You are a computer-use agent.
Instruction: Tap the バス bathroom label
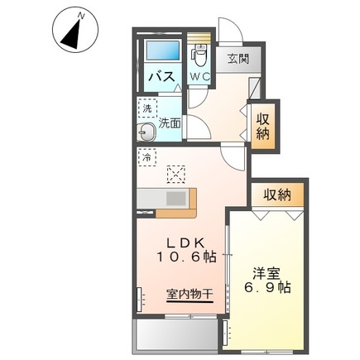pos(159,77)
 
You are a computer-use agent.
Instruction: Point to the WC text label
pos(199,76)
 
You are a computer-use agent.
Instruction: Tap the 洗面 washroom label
pos(170,122)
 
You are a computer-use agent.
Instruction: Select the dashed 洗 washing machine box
pos(146,108)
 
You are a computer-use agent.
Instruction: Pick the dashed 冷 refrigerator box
pos(146,156)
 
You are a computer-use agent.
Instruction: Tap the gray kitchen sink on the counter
pos(176,199)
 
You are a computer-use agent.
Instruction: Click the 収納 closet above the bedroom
pos(277,194)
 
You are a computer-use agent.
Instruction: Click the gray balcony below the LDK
pos(175,334)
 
